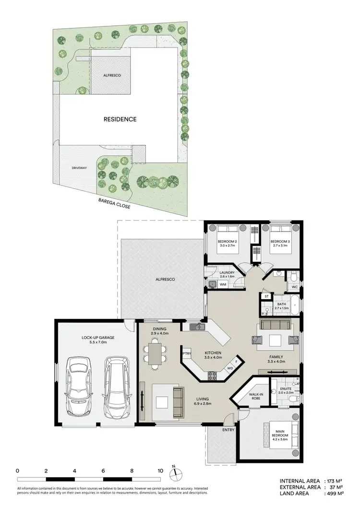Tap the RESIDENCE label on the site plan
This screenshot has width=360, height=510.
pyautogui.click(x=120, y=119)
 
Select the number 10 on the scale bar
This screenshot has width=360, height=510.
pyautogui.click(x=160, y=471)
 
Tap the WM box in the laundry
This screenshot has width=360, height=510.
pyautogui.click(x=223, y=284)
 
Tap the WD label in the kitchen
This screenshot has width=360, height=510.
pyautogui.click(x=229, y=369)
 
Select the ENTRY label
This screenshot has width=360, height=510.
pyautogui.click(x=228, y=430)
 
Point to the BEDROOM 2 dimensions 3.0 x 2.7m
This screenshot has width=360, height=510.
pyautogui.click(x=227, y=245)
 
